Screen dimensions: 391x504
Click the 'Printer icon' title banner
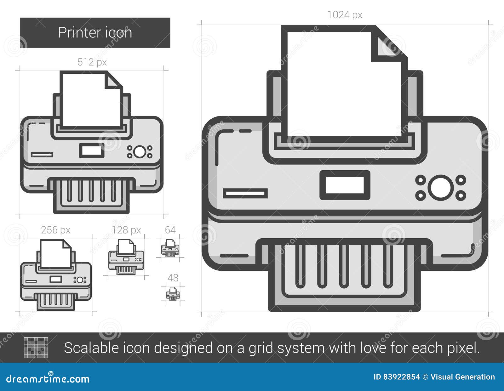pyautogui.click(x=95, y=33)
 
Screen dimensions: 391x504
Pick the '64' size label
pyautogui.click(x=170, y=230)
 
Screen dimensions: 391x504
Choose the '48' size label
pyautogui.click(x=173, y=278)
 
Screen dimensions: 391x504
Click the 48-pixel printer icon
pyautogui.click(x=173, y=294)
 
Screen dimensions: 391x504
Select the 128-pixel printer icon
pyautogui.click(x=126, y=257)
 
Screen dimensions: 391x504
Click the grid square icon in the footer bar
pyautogui.click(x=36, y=348)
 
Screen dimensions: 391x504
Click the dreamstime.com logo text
pyautogui.click(x=48, y=379)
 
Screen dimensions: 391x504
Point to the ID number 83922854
pyautogui.click(x=401, y=377)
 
